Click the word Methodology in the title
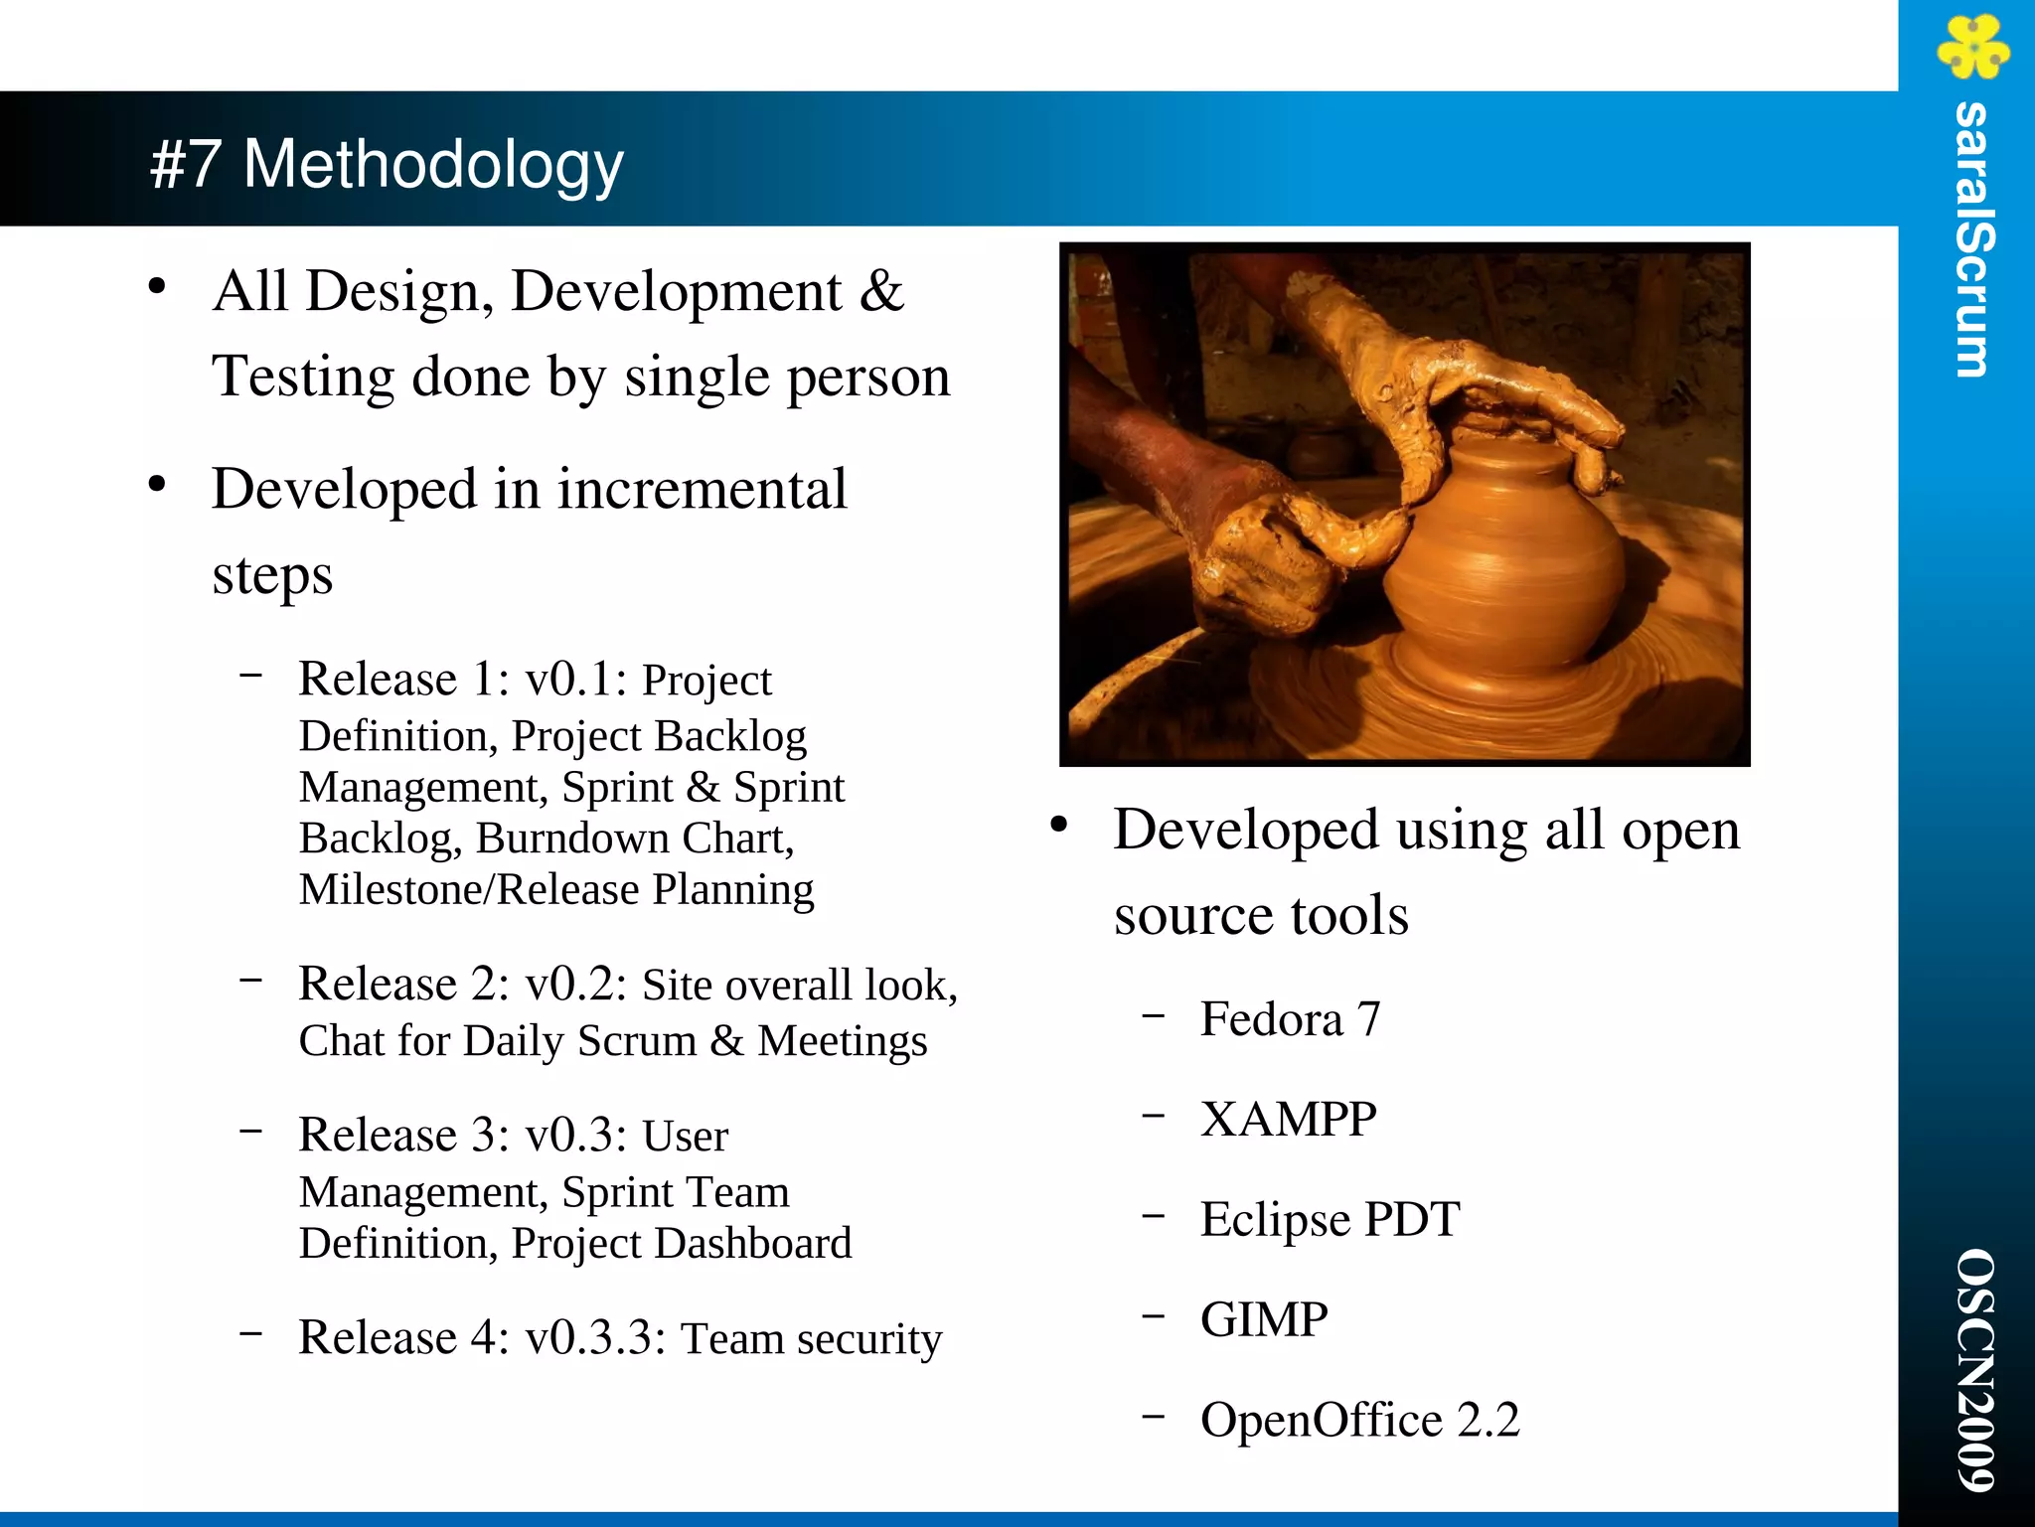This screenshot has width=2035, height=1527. pyautogui.click(x=433, y=165)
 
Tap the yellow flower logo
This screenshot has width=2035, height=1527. pyautogui.click(x=1971, y=47)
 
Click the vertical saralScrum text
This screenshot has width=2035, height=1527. pyautogui.click(x=1971, y=239)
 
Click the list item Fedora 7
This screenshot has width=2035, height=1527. pyautogui.click(x=1290, y=1019)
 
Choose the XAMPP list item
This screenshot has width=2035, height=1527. pyautogui.click(x=1288, y=1120)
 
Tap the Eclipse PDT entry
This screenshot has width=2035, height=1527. pyautogui.click(x=1330, y=1220)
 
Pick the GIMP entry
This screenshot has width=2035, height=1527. pyautogui.click(x=1263, y=1320)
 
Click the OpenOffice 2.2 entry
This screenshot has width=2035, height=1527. pyautogui.click(x=1359, y=1421)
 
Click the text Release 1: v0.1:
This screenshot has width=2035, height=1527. pyautogui.click(x=463, y=680)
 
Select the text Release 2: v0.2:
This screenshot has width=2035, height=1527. pyautogui.click(x=463, y=985)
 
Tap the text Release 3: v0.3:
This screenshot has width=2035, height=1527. pyautogui.click(x=463, y=1136)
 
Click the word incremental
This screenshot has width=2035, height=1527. pyautogui.click(x=702, y=490)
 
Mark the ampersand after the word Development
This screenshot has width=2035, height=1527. pyautogui.click(x=881, y=292)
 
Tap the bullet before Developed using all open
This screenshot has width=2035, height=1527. pyautogui.click(x=1059, y=825)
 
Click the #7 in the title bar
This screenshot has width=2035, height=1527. pyautogui.click(x=186, y=165)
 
